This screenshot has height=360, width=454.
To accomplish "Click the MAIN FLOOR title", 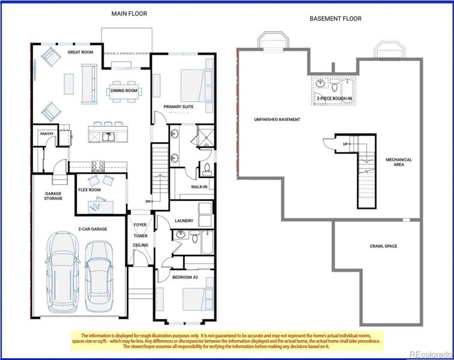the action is point(129,13).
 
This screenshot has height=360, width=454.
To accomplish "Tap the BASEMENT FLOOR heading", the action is point(336,19).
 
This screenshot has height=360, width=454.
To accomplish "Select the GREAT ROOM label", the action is point(80,52).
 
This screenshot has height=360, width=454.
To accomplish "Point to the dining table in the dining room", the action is point(124,91).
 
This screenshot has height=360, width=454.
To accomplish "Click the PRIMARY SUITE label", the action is point(178,106).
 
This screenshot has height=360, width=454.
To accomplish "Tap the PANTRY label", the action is point(47,134).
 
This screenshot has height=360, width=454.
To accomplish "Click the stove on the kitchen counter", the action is point(98,166).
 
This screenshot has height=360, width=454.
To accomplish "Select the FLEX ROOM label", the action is point(89,190).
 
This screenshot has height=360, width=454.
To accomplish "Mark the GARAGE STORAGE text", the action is point(53,196).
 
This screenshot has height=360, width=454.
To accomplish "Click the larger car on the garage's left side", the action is point(63,272).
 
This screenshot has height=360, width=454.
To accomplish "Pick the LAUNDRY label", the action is point(184,221).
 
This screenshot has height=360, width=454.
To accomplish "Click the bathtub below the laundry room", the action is point(207,242).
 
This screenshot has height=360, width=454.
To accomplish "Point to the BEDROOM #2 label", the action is point(185,277).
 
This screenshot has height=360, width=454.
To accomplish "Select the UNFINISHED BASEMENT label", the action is point(277,119).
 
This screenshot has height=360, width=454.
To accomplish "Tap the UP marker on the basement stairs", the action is point(345,144).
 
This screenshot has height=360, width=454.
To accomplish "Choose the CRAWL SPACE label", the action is point(383,246).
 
